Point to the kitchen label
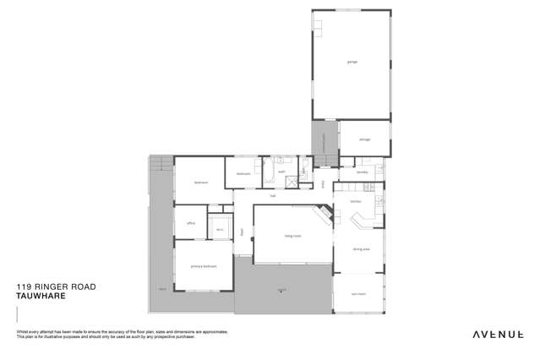(x=356, y=201)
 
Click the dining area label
(x=361, y=248)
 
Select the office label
(x=191, y=224)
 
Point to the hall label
(x=273, y=195)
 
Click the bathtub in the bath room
(x=269, y=175)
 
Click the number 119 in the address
(x=23, y=287)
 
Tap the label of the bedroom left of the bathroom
(x=200, y=182)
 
